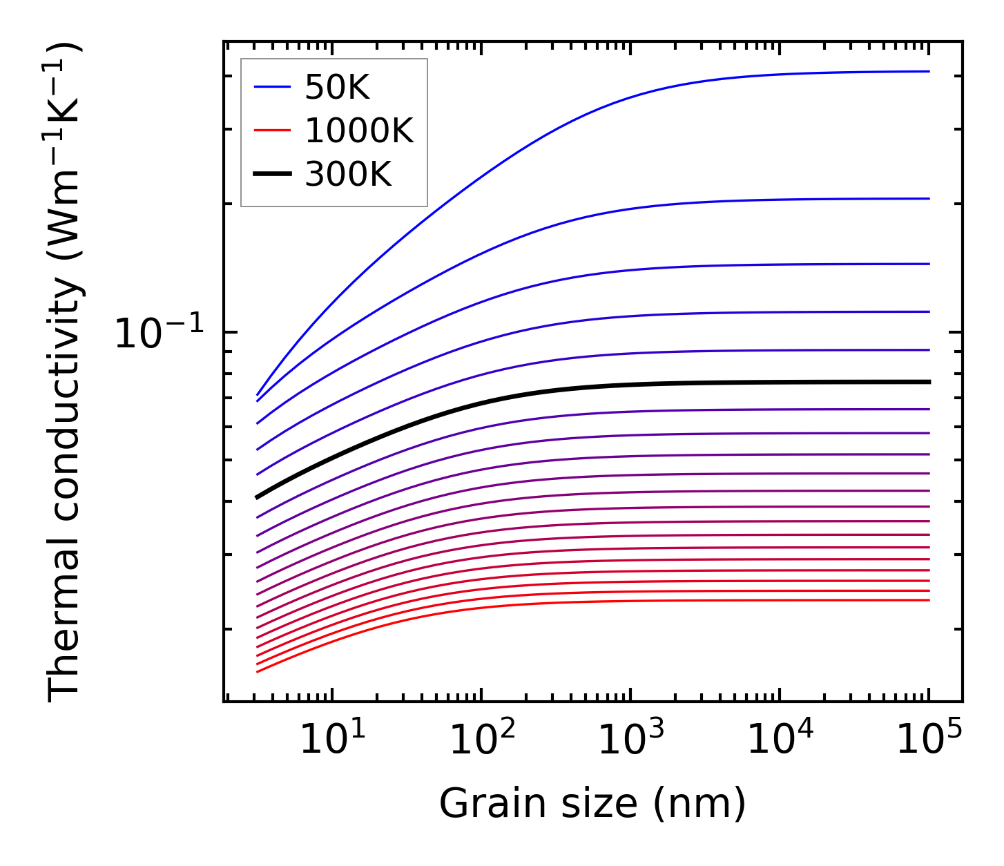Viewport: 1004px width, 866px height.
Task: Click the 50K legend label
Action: click(x=338, y=87)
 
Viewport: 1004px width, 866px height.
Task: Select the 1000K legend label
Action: click(x=359, y=131)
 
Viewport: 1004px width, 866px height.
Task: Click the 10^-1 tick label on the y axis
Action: click(x=160, y=334)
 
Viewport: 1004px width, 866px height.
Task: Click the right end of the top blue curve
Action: click(x=929, y=71)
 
